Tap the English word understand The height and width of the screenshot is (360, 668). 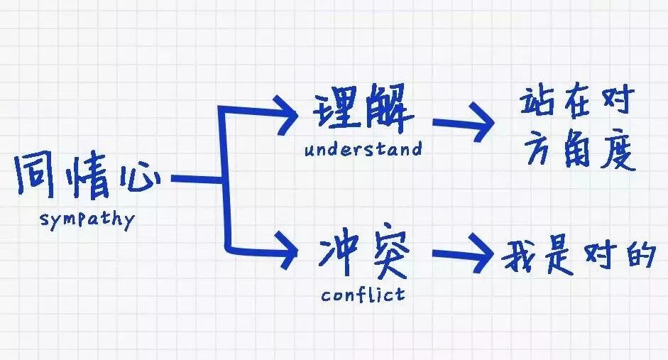tap(363, 150)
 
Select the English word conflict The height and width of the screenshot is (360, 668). tap(363, 293)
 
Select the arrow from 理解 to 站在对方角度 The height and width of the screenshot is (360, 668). tap(465, 123)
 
